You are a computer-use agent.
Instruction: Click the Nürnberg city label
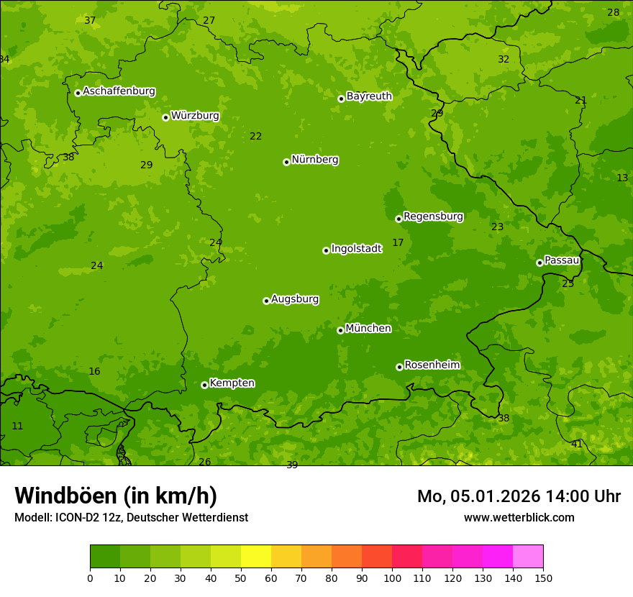314,160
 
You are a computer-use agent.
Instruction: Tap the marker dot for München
340,330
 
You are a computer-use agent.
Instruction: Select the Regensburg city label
433,217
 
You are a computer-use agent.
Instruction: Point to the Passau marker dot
539,263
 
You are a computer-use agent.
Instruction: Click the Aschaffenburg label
119,91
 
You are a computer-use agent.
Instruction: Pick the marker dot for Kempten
204,385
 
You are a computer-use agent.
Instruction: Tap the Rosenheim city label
432,365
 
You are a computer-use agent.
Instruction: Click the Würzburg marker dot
165,117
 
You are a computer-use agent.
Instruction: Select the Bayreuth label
369,96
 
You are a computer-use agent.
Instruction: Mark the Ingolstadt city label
356,249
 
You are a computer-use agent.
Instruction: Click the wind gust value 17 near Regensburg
398,243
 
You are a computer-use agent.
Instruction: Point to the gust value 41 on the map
577,445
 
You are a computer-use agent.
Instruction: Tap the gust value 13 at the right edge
622,178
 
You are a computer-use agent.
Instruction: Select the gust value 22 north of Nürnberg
256,137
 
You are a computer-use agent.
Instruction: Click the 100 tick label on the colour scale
392,578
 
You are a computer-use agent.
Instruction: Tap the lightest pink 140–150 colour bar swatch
528,557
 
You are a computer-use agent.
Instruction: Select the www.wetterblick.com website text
519,517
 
